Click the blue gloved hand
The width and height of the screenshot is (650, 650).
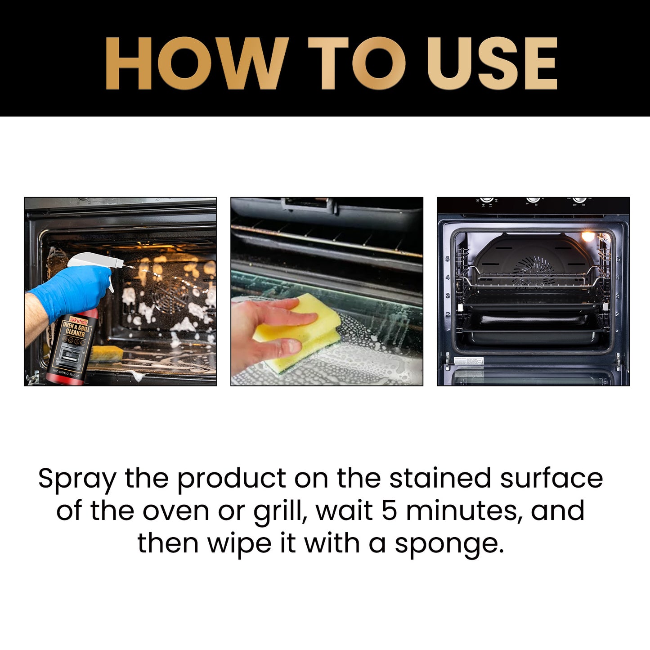(x=72, y=290)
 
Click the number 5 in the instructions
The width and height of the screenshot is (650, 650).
(x=390, y=511)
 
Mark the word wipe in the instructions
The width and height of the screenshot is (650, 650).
(x=239, y=544)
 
